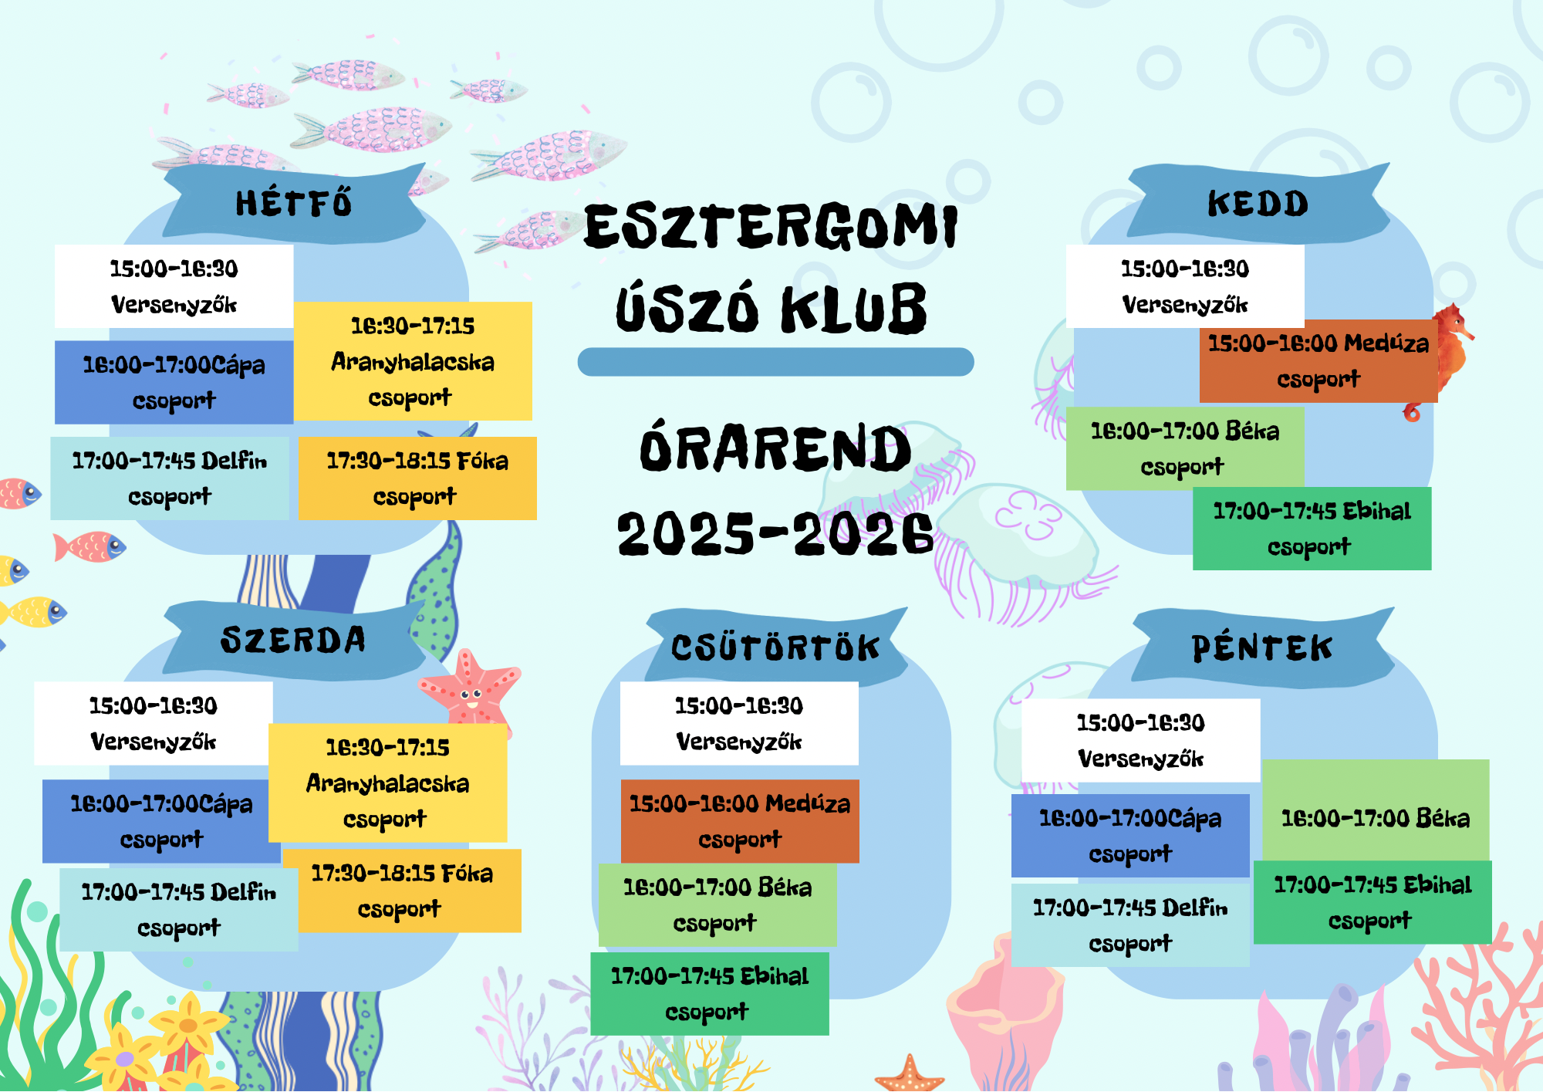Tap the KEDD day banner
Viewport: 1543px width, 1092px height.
click(1258, 203)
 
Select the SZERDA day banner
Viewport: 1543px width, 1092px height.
click(294, 641)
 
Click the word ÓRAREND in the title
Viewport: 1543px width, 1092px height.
click(775, 448)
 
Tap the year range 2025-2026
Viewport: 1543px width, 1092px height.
click(775, 533)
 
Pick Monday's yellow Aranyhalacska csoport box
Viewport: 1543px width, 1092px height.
click(414, 361)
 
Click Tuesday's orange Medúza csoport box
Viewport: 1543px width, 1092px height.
click(1318, 361)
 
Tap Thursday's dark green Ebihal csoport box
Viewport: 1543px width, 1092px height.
click(710, 994)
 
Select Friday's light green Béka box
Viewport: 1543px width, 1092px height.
click(1376, 810)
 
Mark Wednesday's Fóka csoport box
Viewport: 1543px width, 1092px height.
click(402, 891)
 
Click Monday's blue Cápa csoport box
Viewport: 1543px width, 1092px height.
click(174, 382)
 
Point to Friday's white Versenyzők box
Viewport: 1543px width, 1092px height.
click(1141, 741)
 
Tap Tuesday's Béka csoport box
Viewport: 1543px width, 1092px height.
click(1185, 448)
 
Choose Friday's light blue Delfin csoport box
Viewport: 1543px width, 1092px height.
click(1130, 925)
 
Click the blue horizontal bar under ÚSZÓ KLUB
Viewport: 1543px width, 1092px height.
click(775, 362)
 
